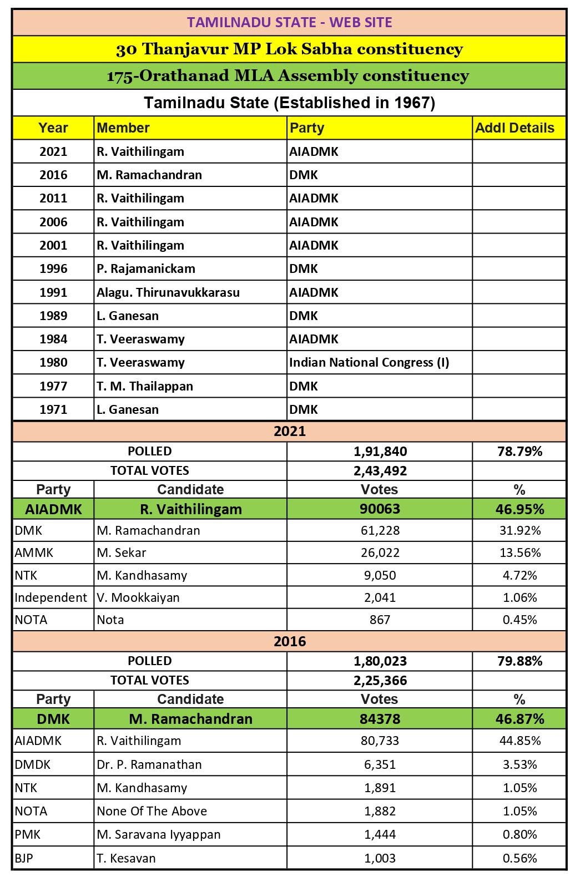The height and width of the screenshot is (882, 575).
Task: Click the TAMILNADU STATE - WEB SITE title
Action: point(289,22)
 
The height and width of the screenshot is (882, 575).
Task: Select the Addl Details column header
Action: point(515,128)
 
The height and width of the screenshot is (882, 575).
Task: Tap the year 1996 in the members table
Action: point(53,269)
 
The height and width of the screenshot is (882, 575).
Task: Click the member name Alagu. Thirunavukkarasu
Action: point(168,292)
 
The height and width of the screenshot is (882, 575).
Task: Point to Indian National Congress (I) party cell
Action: point(369,363)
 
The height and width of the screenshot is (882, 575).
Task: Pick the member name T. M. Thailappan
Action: point(145,386)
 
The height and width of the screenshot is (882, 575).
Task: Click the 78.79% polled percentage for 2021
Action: point(519,452)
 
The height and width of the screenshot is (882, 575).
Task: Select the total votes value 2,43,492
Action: point(380,471)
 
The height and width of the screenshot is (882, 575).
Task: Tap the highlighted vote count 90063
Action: point(380,509)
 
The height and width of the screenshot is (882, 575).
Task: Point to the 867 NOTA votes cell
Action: point(380,620)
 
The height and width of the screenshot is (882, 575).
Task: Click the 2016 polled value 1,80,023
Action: point(380,661)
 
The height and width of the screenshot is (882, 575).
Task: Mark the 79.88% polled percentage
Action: point(519,661)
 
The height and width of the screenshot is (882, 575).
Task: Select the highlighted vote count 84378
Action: point(380,719)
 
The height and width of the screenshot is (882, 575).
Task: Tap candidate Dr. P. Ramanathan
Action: point(149,764)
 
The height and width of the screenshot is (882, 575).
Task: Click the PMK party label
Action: point(28,834)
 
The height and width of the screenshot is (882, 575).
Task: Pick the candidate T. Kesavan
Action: point(126,858)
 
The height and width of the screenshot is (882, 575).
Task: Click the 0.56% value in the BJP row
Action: point(519,858)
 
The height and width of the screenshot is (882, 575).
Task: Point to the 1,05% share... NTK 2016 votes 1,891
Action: point(380,788)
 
